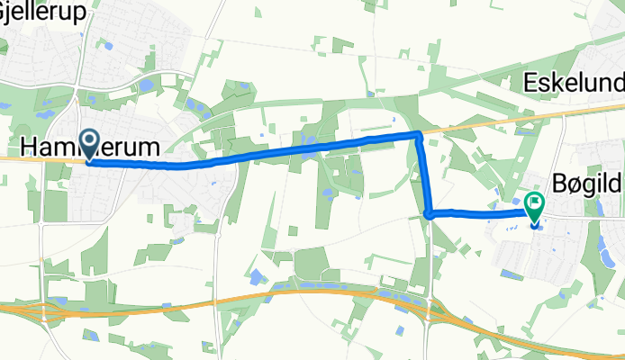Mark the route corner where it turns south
click(x=419, y=135)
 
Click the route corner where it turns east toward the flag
click(x=430, y=214)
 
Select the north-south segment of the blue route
click(x=424, y=175)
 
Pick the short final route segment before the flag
click(x=482, y=213)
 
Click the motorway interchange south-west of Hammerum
click(x=41, y=310)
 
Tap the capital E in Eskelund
click(x=530, y=84)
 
